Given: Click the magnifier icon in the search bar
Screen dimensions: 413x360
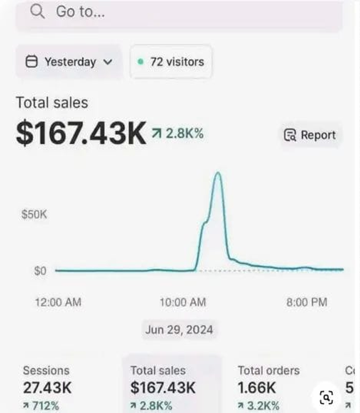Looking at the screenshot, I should tap(37, 12).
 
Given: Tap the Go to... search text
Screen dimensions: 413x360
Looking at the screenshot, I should tap(80, 12).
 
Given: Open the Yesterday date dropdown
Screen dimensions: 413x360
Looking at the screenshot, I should tap(69, 62).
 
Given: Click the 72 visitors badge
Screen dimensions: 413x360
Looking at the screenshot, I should tap(171, 62).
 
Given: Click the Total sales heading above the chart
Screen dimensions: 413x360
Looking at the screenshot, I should tap(52, 103).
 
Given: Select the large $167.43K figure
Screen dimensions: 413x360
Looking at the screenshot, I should tap(81, 134).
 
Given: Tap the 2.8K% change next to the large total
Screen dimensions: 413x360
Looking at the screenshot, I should tap(178, 134).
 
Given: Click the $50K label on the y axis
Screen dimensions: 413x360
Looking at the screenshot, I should tap(33, 215).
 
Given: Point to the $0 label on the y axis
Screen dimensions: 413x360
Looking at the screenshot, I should tap(40, 271).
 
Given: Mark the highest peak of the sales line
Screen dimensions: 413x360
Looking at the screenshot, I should tap(218, 173).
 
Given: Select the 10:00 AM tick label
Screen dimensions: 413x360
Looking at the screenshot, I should tap(183, 302).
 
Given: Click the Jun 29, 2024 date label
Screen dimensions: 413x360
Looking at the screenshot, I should tap(179, 329).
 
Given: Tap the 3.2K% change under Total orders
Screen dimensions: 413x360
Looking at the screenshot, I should tap(258, 405).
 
